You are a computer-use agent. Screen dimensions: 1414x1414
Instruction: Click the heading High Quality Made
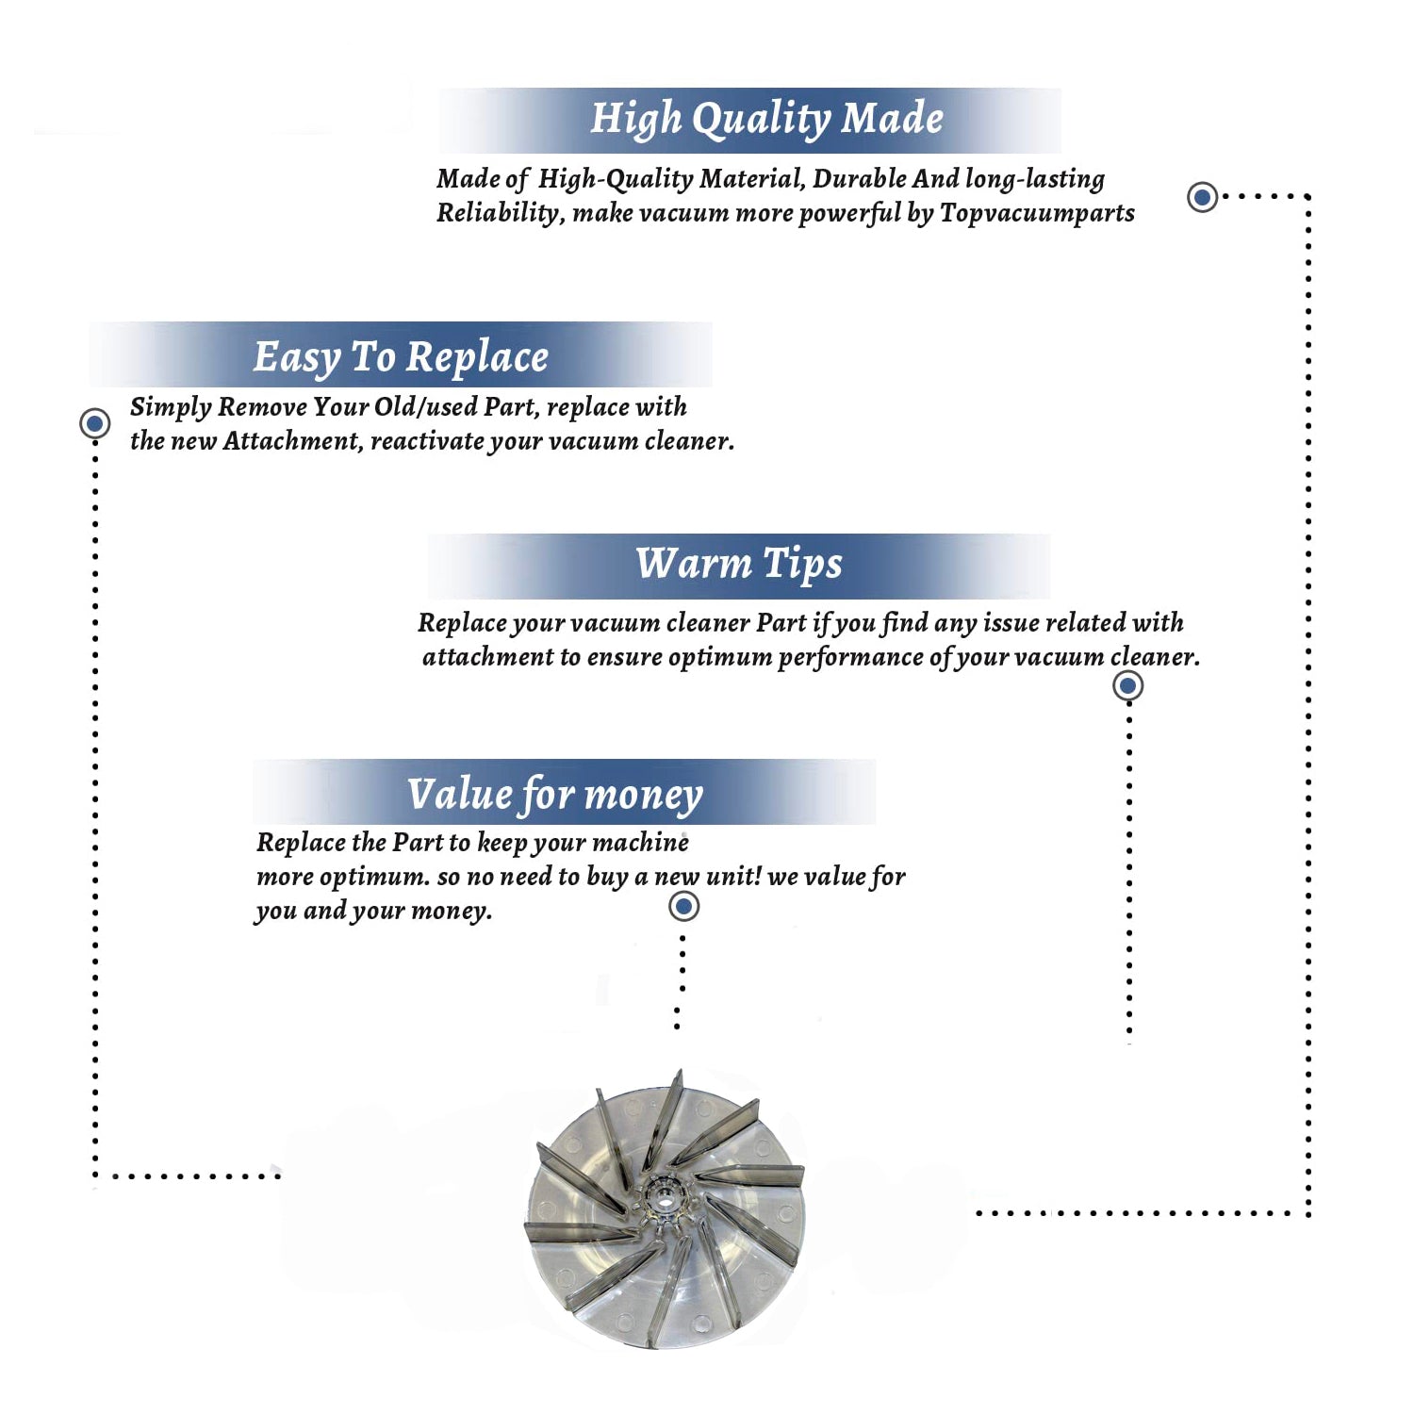point(766,120)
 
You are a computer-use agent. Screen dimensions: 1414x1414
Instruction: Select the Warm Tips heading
point(738,565)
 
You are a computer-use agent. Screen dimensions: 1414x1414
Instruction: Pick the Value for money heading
point(555,795)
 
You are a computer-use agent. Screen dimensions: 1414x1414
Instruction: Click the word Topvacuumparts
point(1037,214)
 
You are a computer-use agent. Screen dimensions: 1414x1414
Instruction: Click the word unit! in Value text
point(733,876)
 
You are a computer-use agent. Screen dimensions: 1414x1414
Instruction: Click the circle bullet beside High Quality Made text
point(1202,197)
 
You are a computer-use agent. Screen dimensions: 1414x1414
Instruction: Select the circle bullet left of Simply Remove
point(94,423)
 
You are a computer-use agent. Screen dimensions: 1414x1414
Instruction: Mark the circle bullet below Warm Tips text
point(1127,685)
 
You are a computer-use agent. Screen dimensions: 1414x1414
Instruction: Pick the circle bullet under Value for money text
point(683,907)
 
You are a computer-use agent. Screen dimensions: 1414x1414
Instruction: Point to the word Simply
point(171,407)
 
